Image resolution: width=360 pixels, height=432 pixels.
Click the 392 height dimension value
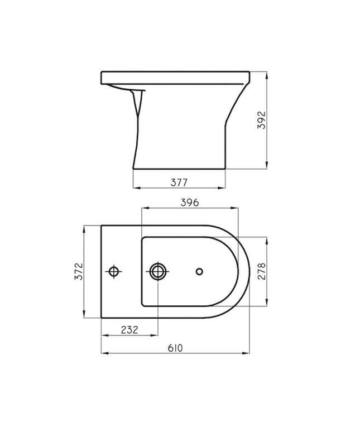point(264,120)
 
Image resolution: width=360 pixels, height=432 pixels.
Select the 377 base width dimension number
point(179,182)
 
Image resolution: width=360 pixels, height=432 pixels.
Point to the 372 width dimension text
point(79,271)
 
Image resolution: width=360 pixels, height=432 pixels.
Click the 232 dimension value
point(129,330)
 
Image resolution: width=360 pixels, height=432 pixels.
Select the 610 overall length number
point(175,348)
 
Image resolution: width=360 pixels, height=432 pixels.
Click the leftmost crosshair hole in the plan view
point(114,272)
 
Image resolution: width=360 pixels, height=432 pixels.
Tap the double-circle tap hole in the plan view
point(157,272)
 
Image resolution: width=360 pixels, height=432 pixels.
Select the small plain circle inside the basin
point(199,272)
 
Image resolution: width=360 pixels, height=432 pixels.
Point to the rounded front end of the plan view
point(244,272)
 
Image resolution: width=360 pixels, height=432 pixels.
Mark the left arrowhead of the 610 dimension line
point(103,353)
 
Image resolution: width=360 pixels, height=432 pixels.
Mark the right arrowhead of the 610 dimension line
point(247,353)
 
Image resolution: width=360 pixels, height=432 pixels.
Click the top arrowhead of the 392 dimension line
point(269,74)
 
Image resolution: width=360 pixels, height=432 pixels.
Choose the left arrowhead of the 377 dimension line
point(135,188)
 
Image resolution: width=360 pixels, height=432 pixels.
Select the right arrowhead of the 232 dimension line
point(156,335)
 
